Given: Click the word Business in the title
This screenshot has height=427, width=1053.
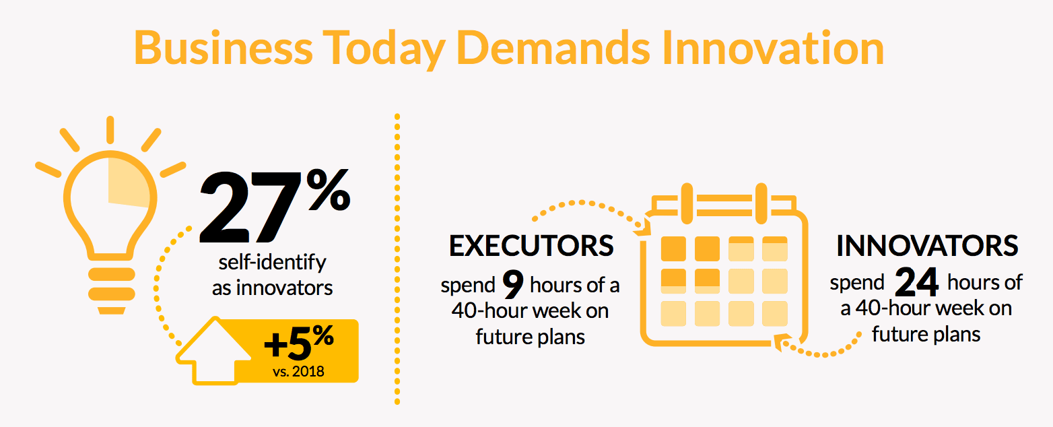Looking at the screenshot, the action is click(x=224, y=48).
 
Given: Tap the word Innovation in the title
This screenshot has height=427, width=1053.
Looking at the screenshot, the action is click(x=774, y=48).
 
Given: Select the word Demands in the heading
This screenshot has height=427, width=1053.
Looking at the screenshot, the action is click(x=553, y=48).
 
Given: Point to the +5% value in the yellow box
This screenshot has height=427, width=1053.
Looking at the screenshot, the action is click(x=299, y=341).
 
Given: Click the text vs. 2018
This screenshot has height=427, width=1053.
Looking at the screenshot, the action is click(x=298, y=372).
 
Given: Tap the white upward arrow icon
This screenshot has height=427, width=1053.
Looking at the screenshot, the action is click(x=214, y=351).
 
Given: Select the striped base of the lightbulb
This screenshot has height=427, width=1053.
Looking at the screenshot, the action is click(x=112, y=291).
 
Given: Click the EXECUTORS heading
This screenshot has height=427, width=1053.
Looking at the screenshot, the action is click(x=531, y=245).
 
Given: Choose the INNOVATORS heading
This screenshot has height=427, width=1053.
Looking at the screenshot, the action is click(x=927, y=245).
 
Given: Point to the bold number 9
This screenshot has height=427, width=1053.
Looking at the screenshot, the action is click(x=513, y=284).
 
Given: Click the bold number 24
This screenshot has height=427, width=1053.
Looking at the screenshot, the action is click(x=917, y=282).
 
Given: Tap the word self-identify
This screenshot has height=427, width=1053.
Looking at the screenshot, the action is click(x=272, y=263).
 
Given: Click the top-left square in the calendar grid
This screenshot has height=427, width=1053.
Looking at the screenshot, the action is click(x=673, y=249).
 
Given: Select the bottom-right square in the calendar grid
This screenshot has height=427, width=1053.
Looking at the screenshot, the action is click(x=775, y=314).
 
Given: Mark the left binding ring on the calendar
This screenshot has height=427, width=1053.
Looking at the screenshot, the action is click(x=687, y=203).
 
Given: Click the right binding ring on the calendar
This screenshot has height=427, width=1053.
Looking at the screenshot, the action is click(x=761, y=203).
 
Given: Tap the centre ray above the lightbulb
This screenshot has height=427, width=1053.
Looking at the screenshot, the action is click(x=110, y=130).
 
